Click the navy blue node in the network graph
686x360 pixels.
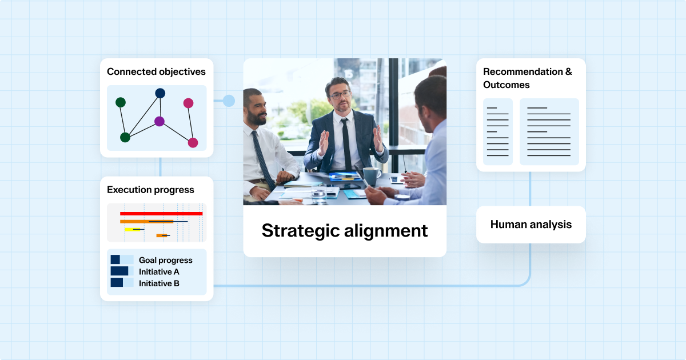(160, 93)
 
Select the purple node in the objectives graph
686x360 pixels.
(159, 121)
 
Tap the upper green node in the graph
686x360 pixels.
(121, 102)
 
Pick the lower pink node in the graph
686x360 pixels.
(193, 143)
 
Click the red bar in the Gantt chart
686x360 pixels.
(161, 214)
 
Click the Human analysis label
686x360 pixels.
(531, 225)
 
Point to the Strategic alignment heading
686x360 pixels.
(345, 230)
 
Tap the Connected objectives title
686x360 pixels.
(156, 71)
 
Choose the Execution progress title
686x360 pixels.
(150, 190)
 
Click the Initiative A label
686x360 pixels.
(159, 272)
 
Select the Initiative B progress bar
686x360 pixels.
(122, 282)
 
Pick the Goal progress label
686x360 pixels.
(165, 260)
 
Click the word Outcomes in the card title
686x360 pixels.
(506, 85)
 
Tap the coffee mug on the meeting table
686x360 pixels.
(372, 177)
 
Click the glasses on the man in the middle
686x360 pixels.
(340, 95)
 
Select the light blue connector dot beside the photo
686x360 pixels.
(229, 101)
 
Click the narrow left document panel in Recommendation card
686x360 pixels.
(498, 131)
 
